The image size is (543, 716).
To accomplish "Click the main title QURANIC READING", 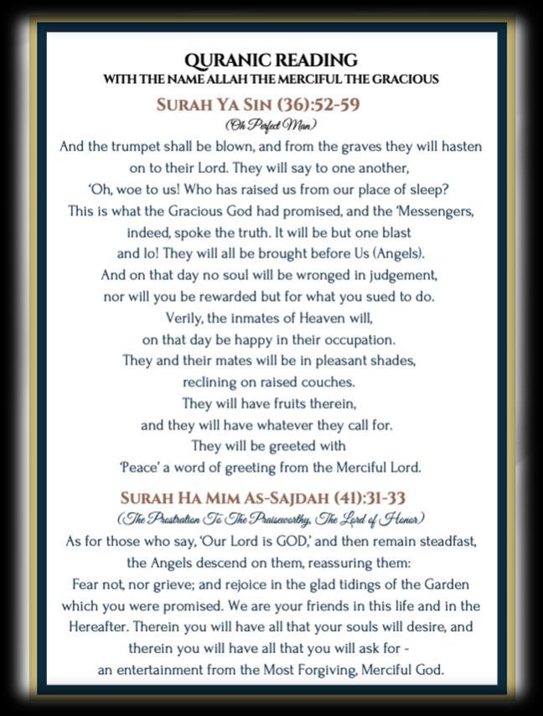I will [x=271, y=60].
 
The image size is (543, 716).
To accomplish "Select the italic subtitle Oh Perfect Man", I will [x=271, y=126].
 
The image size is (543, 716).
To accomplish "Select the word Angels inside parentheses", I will [x=380, y=253].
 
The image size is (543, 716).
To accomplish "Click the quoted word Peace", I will [x=137, y=468].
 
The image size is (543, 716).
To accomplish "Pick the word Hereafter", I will [x=102, y=627].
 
